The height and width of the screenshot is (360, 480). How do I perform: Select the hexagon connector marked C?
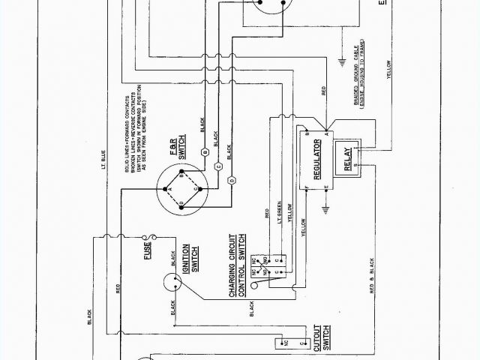(x=217, y=166)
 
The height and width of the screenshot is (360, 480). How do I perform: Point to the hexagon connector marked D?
(x=232, y=180)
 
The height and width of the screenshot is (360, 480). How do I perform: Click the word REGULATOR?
(x=316, y=158)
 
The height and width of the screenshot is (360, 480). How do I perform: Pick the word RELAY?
(x=347, y=158)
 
